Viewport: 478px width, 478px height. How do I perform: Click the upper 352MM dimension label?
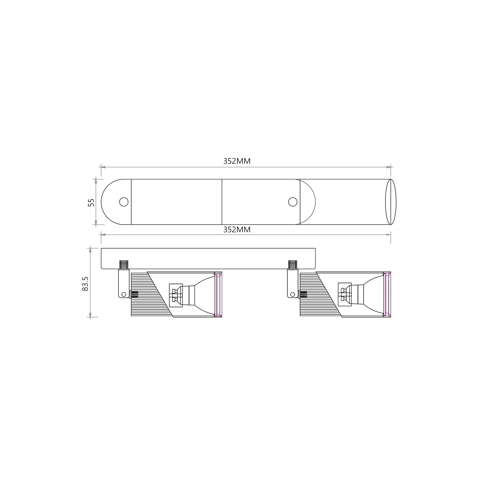[237, 161]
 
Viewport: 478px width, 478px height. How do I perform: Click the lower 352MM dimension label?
[237, 230]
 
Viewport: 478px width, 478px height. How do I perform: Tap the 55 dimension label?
[91, 203]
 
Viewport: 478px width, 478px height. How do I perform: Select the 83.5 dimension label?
[85, 284]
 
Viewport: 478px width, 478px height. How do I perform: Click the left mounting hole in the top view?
[124, 202]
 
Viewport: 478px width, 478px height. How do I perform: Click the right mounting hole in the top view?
[293, 202]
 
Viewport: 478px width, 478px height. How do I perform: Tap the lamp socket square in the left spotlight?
[176, 296]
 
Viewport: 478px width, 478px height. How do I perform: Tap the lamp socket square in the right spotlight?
[345, 296]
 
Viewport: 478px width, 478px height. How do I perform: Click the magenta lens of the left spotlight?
[219, 295]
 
